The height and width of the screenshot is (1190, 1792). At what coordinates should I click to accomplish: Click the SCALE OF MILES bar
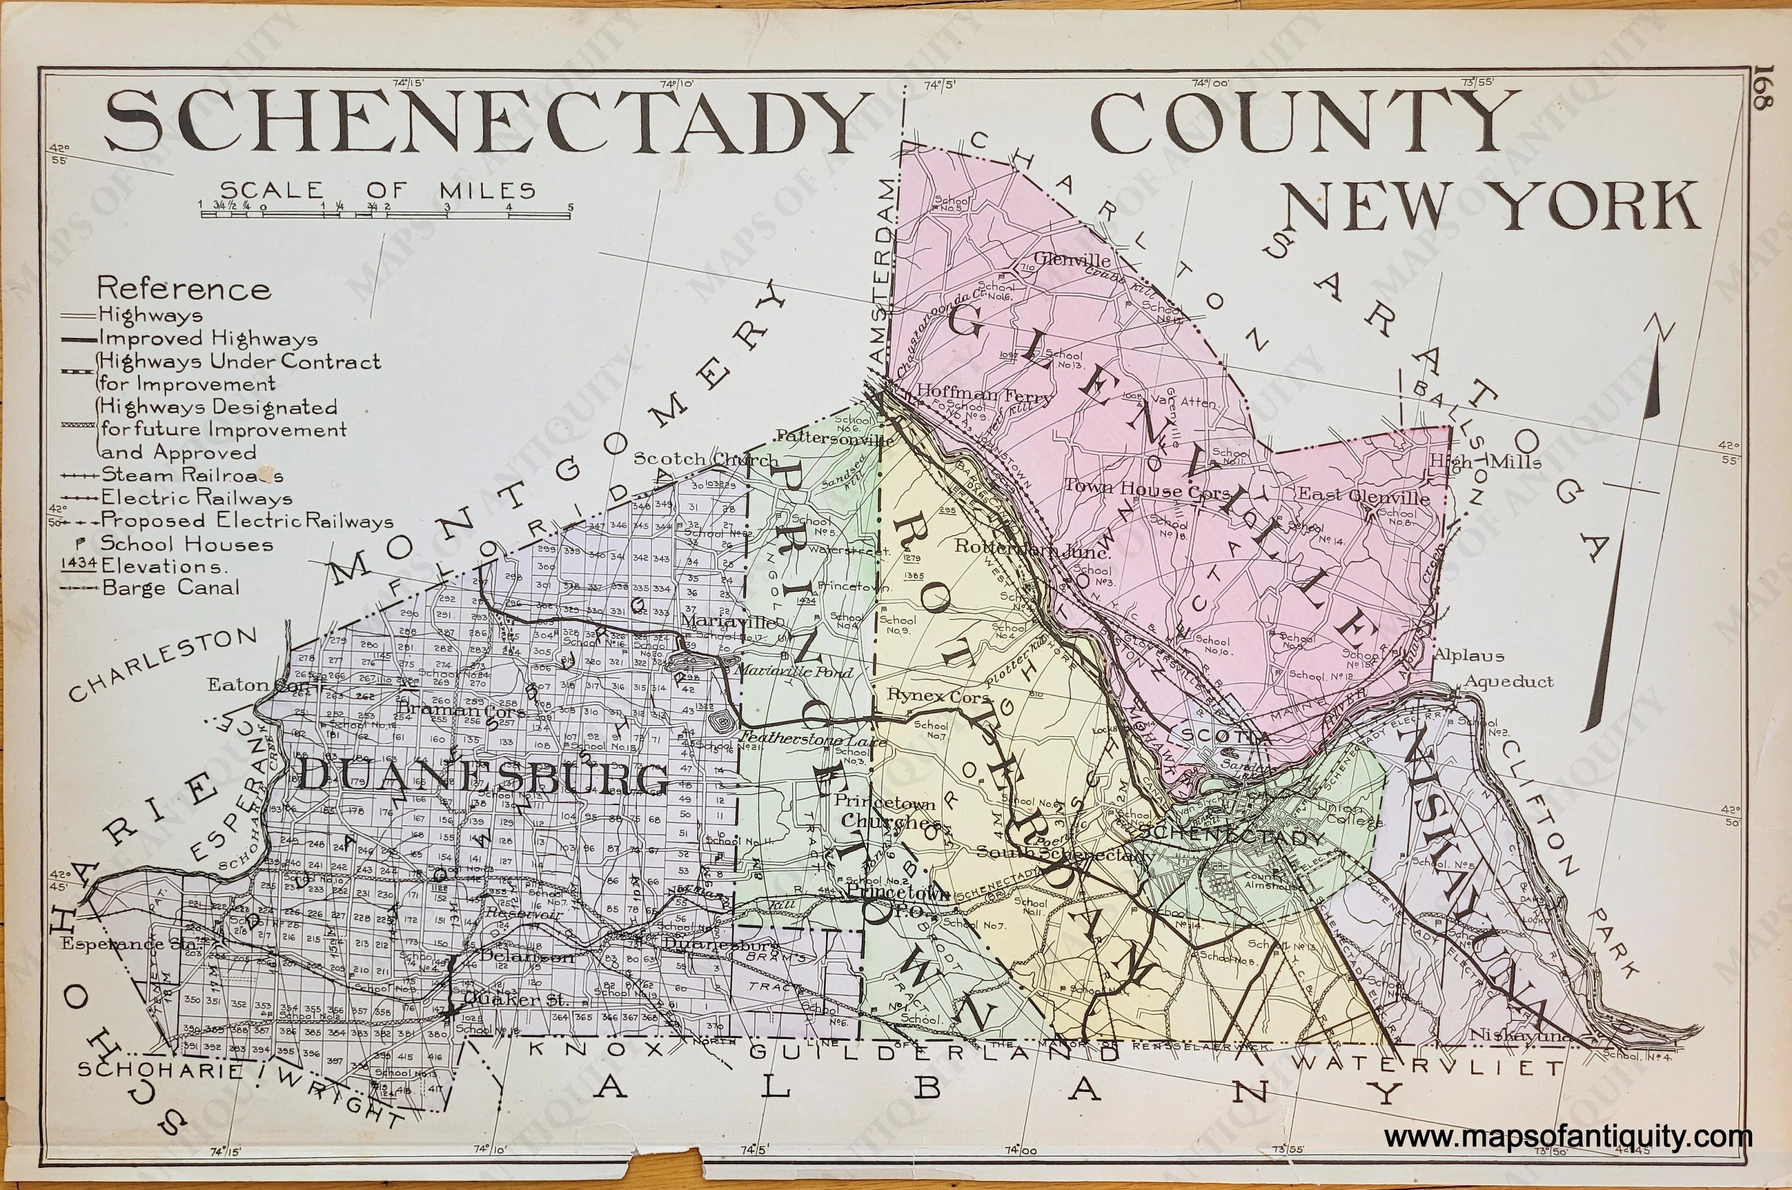tap(385, 215)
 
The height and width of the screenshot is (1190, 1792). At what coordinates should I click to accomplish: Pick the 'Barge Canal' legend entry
tap(171, 587)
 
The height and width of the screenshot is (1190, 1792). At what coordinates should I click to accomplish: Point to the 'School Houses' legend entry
tap(186, 543)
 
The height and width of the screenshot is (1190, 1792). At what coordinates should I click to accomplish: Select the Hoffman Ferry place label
tap(984, 395)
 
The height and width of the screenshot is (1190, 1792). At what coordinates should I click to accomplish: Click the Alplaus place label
tap(1469, 655)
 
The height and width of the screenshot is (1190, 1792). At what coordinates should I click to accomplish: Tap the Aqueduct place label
tap(1509, 681)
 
